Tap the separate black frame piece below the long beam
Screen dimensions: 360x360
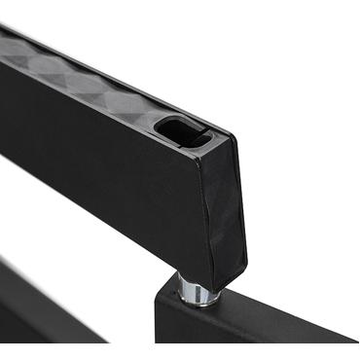pos(39,311)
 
